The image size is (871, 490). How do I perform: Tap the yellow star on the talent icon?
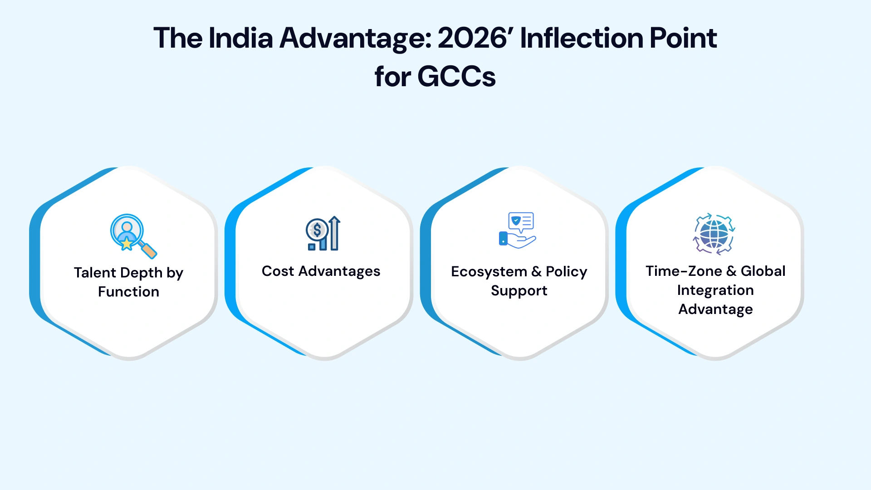point(127,244)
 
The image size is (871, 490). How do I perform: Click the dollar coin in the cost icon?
point(317,230)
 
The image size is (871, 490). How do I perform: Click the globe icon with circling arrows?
point(714,234)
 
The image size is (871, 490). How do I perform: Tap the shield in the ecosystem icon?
point(515,221)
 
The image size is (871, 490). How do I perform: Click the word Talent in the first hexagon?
point(95,273)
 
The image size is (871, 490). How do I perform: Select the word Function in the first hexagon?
point(128,292)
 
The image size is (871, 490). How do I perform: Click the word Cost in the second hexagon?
point(278,271)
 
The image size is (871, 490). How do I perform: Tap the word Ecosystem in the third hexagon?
point(489,272)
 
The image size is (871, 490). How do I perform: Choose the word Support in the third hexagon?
point(519,291)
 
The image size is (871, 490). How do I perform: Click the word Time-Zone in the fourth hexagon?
point(683,271)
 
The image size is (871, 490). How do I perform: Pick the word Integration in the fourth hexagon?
point(715,290)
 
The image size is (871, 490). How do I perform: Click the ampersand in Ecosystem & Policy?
point(536,272)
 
